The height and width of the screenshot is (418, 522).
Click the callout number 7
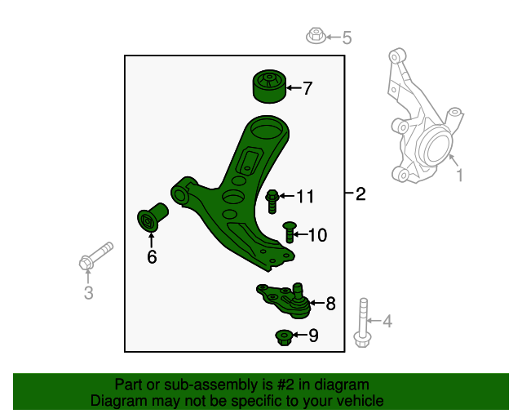307,88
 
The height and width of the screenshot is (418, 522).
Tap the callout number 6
152,258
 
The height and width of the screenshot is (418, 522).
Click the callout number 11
305,196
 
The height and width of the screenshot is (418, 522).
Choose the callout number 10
316,236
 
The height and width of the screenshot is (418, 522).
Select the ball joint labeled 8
286,299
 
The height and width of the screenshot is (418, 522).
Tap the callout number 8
330,305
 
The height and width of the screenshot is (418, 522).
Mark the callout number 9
313,336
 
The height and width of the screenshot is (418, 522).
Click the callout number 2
361,194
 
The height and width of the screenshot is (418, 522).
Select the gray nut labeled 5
316,36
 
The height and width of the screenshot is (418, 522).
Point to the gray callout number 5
347,38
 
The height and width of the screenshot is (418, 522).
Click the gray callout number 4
387,322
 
